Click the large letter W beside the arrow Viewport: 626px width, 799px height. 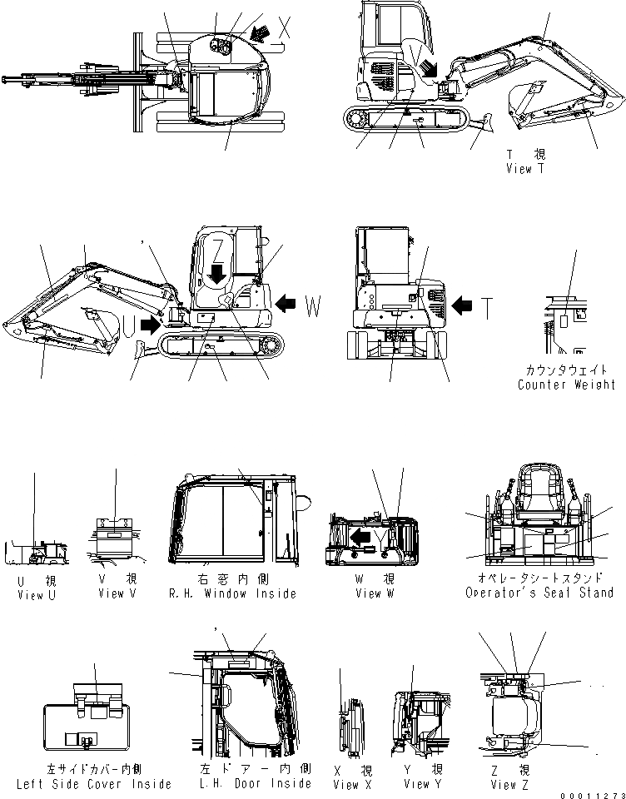311,306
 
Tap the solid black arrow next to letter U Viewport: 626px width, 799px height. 151,320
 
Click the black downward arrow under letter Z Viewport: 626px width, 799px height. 217,272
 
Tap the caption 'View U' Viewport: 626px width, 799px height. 37,594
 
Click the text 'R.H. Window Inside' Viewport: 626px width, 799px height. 231,593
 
